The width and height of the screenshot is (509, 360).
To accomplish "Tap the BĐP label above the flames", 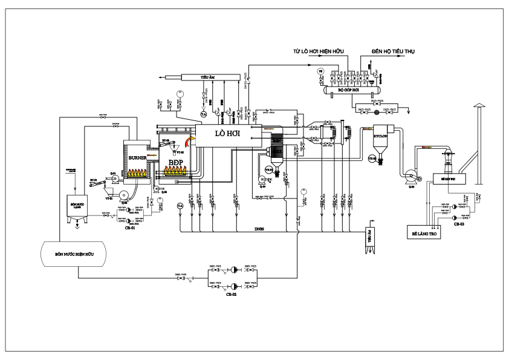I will tap(177, 163).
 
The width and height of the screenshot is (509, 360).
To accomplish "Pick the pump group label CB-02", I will tap(231, 295).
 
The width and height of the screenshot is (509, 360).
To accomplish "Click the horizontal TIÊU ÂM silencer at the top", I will tap(206, 77).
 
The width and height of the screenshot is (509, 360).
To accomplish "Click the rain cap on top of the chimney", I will tap(478, 106).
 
